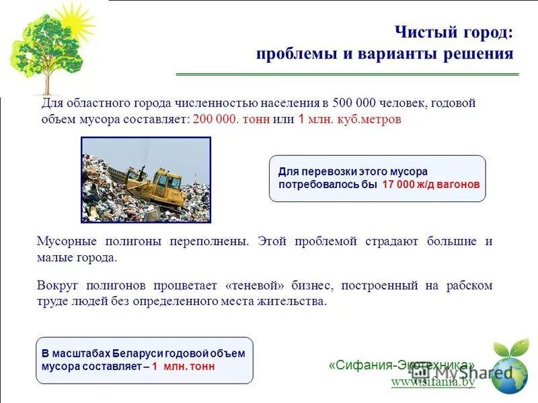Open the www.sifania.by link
[433, 382]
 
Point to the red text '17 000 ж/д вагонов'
[431, 185]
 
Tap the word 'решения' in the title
[481, 54]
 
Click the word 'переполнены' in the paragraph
[209, 242]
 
